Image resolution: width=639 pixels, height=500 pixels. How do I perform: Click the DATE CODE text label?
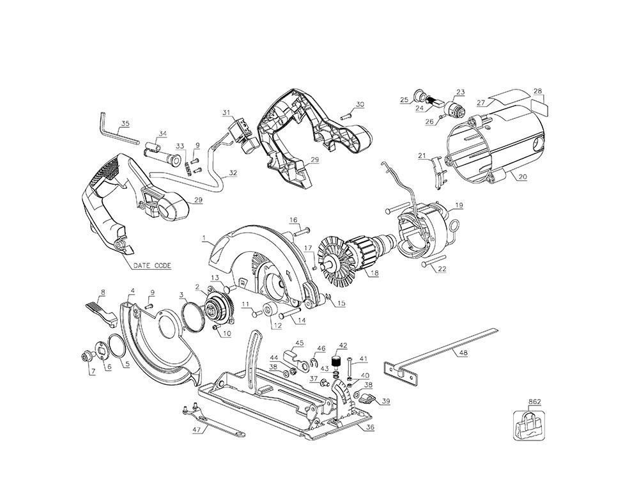click(x=152, y=266)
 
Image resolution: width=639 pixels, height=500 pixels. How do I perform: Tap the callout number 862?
click(x=534, y=402)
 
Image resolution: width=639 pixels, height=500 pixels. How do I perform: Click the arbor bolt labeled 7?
click(x=86, y=357)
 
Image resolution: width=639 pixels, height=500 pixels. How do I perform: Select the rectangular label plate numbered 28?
click(x=540, y=107)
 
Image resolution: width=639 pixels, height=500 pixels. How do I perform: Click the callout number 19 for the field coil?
click(x=458, y=205)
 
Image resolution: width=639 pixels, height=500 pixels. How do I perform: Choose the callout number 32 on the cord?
click(x=233, y=173)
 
